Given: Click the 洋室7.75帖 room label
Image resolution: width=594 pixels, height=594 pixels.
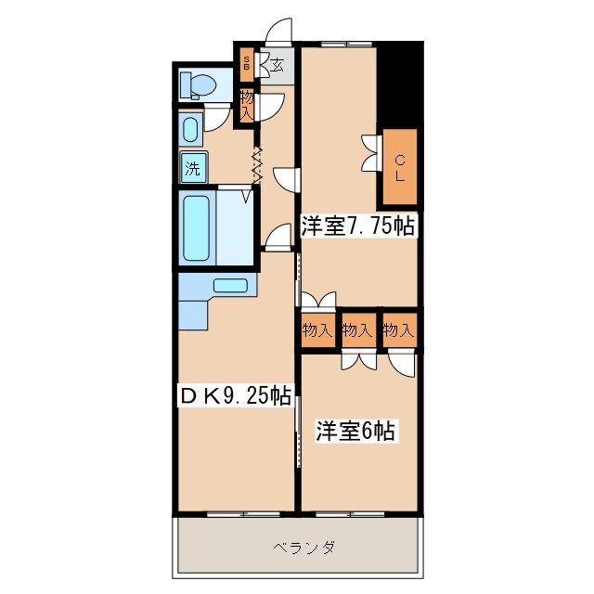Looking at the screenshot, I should click(356, 225).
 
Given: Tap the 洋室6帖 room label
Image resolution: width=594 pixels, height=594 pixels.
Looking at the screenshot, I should click(357, 431).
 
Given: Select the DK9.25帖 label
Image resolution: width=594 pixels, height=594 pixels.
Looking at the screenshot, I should click(236, 396).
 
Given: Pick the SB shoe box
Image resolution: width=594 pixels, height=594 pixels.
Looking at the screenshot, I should click(246, 64).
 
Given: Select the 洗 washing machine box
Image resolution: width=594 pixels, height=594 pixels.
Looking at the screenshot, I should click(191, 168).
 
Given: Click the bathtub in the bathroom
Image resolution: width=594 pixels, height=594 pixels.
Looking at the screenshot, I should click(197, 227).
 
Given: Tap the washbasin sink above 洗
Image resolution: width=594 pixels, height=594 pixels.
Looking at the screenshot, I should click(190, 128).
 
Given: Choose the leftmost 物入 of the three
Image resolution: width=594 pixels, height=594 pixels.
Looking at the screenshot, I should click(316, 330).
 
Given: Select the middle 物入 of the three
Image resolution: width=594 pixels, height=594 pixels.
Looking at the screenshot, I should click(357, 330).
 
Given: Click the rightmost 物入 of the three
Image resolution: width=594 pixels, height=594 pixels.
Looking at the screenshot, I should click(398, 330).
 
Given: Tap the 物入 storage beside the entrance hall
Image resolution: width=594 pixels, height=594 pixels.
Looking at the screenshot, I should click(246, 104).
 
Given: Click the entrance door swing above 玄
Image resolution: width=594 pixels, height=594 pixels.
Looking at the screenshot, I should click(278, 33).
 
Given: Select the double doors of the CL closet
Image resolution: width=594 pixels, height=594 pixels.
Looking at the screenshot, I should click(370, 153).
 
